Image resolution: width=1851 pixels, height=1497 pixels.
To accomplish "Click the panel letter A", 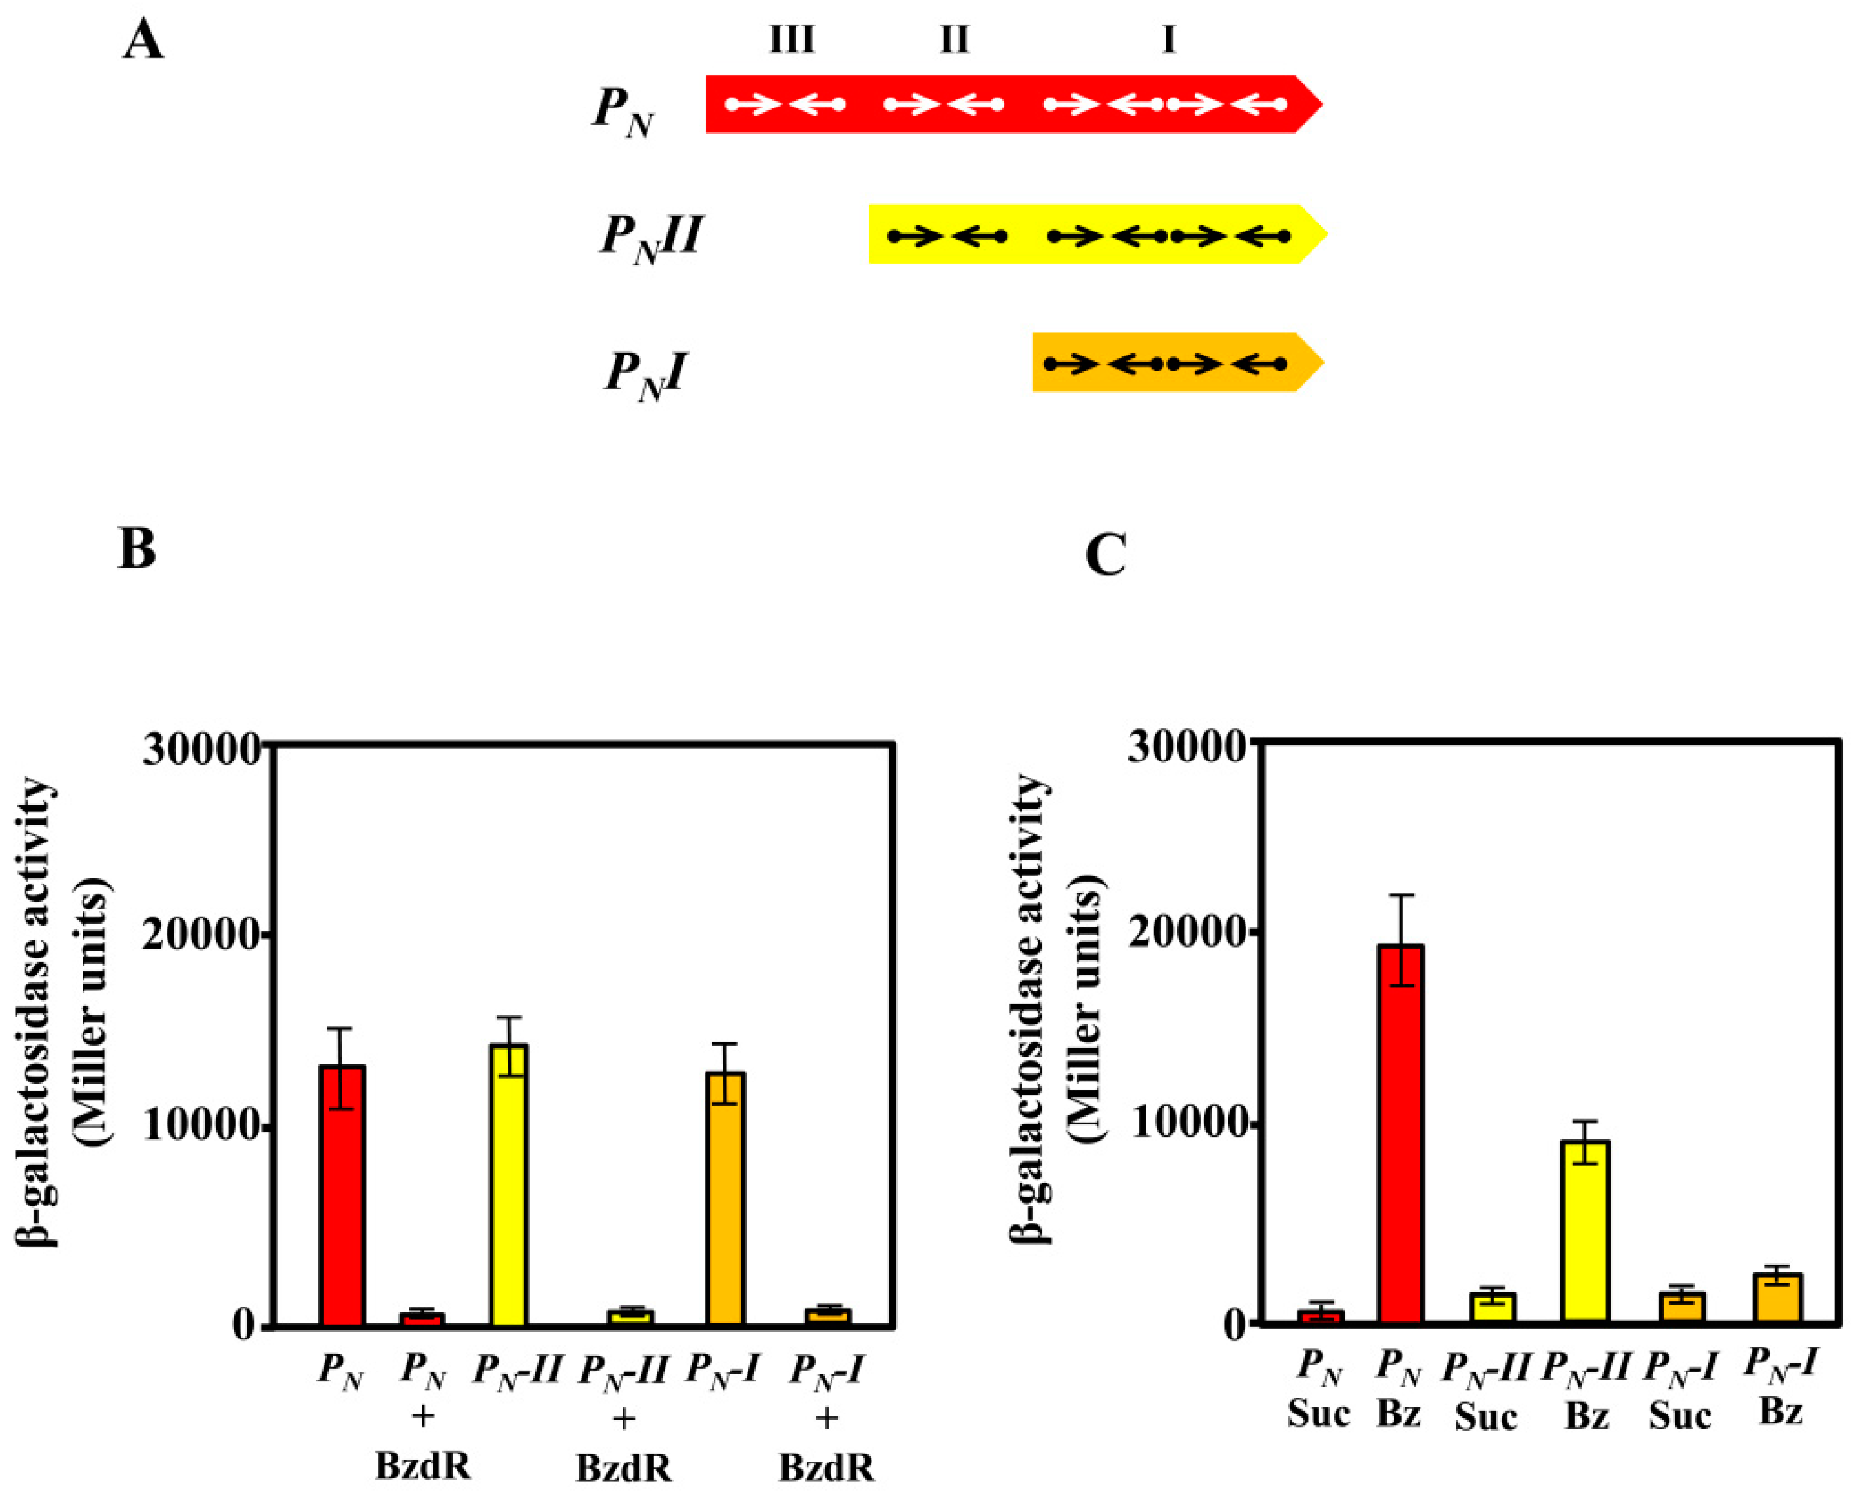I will [x=143, y=41].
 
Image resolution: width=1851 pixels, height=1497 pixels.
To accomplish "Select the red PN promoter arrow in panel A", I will [x=1009, y=104].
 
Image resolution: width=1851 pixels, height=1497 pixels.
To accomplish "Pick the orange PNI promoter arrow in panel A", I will [x=1173, y=363].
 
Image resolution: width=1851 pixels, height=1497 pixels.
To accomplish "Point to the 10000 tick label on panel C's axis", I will [x=1186, y=1126].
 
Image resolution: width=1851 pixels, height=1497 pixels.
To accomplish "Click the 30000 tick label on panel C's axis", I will [x=1186, y=747].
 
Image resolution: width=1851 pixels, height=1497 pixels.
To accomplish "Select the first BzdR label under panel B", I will [x=422, y=1464].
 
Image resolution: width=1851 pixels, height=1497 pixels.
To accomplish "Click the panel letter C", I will [x=1105, y=555].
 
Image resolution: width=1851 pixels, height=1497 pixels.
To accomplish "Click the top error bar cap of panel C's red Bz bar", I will [x=1399, y=895].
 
